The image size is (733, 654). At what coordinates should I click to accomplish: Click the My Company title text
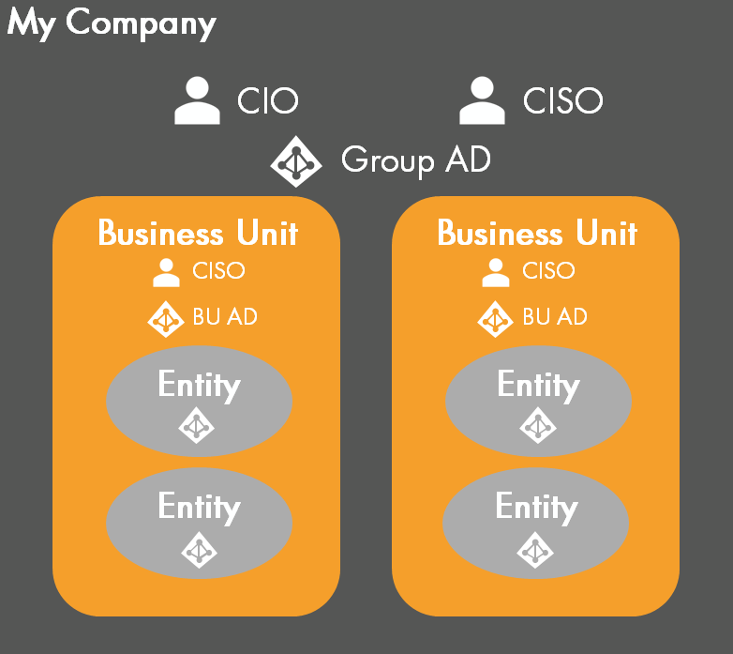click(112, 24)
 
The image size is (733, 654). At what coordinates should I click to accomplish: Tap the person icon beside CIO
click(198, 101)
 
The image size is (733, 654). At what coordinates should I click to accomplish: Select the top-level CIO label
click(268, 101)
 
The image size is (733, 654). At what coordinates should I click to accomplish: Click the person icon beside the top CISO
click(482, 101)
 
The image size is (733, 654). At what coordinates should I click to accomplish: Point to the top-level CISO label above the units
click(562, 101)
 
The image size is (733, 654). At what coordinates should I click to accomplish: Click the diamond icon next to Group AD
click(296, 161)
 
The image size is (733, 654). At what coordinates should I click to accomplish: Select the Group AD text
click(415, 160)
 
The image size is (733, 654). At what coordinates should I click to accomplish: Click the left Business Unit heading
click(198, 233)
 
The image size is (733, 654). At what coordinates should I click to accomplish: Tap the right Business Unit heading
click(537, 233)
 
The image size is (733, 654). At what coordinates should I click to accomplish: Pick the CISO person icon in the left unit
click(166, 272)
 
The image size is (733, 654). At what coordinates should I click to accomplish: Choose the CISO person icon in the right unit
click(495, 272)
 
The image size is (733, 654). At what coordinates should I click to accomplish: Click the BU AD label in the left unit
click(225, 317)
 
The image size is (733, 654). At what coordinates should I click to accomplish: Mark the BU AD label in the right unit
click(555, 317)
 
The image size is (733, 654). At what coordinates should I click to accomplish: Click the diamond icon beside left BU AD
click(166, 319)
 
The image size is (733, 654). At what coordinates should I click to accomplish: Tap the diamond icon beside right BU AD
click(495, 319)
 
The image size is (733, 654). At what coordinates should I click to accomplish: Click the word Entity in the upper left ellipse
click(199, 385)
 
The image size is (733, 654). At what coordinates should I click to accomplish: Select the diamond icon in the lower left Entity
click(198, 549)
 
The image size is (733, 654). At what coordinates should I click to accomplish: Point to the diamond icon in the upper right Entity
click(537, 427)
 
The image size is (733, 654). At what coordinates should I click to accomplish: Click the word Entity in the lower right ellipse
click(536, 507)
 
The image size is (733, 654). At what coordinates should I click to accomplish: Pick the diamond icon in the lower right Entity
click(534, 549)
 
